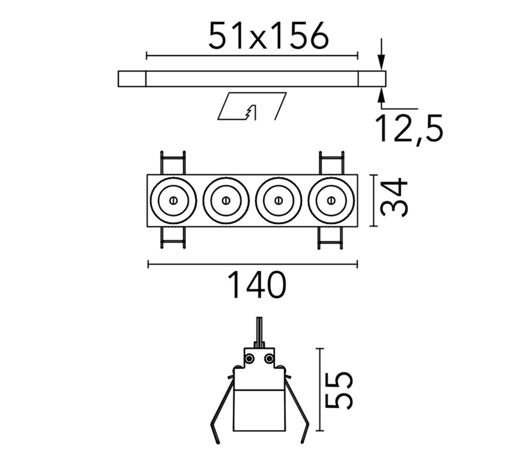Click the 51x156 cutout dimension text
point(268,35)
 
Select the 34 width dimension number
point(394,198)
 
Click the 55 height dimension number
point(339,391)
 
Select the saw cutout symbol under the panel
point(252,106)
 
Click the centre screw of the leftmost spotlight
point(173,200)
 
